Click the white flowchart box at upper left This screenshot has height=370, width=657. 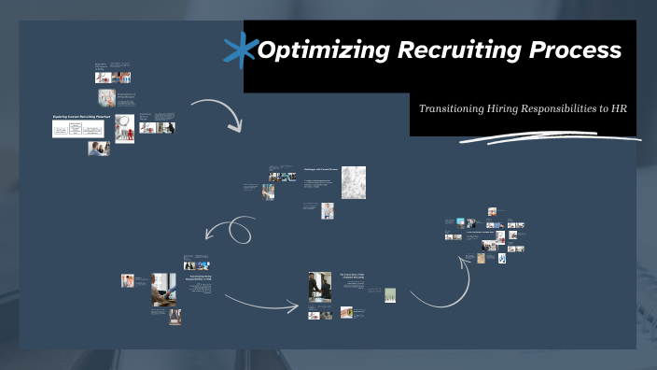pyautogui.click(x=77, y=130)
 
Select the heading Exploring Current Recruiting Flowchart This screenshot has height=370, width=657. pyautogui.click(x=80, y=118)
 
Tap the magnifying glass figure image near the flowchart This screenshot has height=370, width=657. pyautogui.click(x=124, y=128)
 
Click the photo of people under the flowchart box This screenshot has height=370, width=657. pyautogui.click(x=99, y=149)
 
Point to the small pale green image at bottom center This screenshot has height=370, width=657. pyautogui.click(x=391, y=294)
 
